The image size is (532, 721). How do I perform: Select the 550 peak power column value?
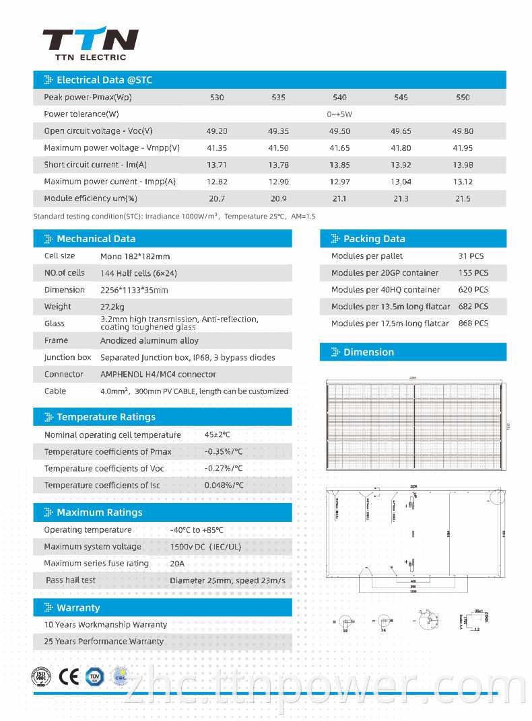point(463,98)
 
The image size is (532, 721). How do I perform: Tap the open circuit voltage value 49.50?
point(339,131)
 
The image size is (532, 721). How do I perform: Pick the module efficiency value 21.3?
point(401,198)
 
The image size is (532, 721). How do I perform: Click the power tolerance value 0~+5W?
point(339,114)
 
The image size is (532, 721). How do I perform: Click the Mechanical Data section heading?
point(96,239)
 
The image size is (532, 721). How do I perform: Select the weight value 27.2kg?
point(114,307)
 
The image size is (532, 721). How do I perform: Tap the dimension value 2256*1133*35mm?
point(134,290)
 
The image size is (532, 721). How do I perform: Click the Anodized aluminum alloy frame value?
point(149,340)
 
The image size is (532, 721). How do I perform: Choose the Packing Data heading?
point(374,239)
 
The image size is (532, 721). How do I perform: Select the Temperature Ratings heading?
point(106,417)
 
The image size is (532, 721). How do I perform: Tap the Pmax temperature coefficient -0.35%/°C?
point(224,452)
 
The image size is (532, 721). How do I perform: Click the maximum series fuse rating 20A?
point(177,564)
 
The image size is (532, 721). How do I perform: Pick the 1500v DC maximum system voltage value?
point(205,547)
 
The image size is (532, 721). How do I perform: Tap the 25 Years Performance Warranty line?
point(104,642)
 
